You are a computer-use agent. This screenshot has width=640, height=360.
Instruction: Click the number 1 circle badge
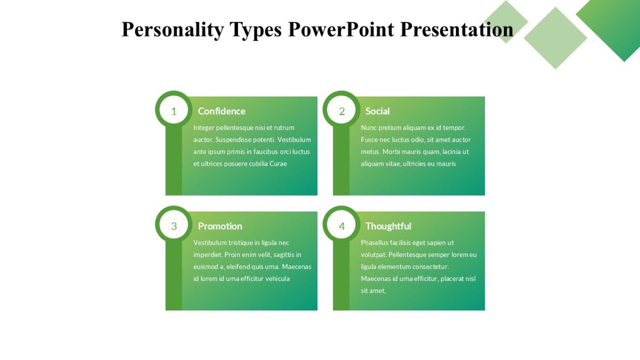[x=173, y=111]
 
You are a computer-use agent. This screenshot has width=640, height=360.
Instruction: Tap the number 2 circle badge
[x=342, y=111]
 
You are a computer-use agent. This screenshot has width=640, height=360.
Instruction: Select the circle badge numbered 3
[x=173, y=226]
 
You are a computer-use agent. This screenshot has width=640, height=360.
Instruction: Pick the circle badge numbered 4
[x=342, y=226]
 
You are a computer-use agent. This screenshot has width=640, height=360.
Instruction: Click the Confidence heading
[x=221, y=111]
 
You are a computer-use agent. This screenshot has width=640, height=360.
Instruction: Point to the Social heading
[x=377, y=111]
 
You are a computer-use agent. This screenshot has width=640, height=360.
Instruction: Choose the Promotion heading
[x=220, y=226]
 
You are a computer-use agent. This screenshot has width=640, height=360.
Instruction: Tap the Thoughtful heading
[x=388, y=226]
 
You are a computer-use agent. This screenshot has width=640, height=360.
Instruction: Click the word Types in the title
[x=255, y=29]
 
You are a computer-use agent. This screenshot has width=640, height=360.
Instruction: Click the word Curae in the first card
[x=278, y=164]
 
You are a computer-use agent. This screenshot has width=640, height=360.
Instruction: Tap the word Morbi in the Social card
[x=391, y=151]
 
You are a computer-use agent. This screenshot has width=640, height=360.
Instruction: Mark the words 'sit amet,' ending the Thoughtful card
[x=373, y=291]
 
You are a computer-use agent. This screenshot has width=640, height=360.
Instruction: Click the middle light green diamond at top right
[x=555, y=37]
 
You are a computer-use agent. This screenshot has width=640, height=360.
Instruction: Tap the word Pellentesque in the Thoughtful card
[x=408, y=254]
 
